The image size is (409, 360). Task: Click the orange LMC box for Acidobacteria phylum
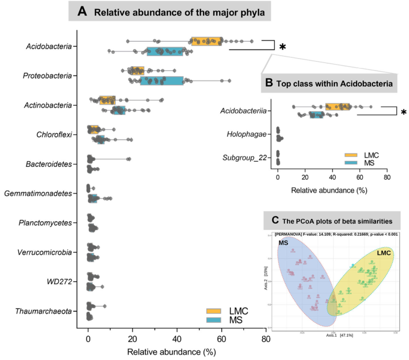pyautogui.click(x=207, y=41)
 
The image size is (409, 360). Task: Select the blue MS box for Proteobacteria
pyautogui.click(x=162, y=80)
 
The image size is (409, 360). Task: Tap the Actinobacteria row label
pyautogui.click(x=49, y=105)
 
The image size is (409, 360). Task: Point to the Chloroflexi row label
pyautogui.click(x=54, y=134)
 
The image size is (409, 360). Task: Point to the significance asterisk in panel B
pyautogui.click(x=404, y=113)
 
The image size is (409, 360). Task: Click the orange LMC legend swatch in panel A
pyautogui.click(x=214, y=311)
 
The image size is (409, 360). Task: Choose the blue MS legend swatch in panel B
pyautogui.click(x=352, y=163)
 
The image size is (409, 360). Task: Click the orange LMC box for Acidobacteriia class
pyautogui.click(x=338, y=107)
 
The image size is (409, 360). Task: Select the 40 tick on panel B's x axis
pyautogui.click(x=332, y=180)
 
